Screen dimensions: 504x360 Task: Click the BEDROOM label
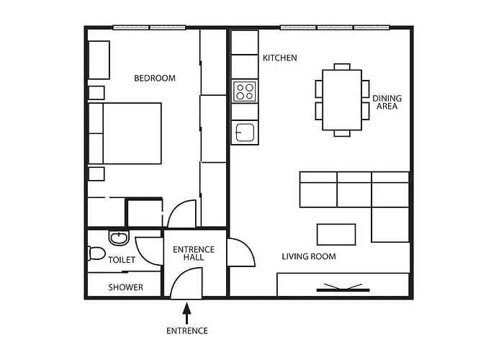coord(155,78)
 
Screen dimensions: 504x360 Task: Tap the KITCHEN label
coord(279,58)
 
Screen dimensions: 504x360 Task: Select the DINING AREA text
coord(387,102)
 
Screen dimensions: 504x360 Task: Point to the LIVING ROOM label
coord(309,256)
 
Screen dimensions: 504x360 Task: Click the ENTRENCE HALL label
coord(194,253)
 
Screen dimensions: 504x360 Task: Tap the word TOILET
coord(122,260)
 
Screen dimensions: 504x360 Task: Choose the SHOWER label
coord(125,287)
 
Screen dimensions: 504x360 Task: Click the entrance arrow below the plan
coord(186,313)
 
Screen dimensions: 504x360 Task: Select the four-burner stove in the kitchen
coord(245,91)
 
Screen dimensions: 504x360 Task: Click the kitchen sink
coord(245,132)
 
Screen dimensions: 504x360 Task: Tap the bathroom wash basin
coord(119,238)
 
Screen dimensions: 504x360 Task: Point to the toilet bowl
coord(96,253)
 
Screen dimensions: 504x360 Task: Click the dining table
coord(342,100)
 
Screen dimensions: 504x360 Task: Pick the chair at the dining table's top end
coord(342,67)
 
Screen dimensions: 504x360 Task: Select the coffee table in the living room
coord(336,235)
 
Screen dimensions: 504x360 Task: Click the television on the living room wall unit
coord(343,288)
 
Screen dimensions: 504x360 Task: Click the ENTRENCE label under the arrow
coord(187,331)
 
